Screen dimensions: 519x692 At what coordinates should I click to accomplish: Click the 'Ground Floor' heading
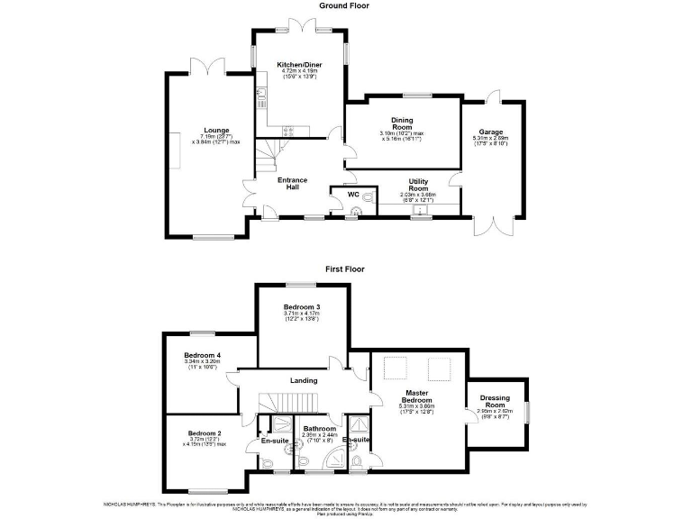[x=344, y=5]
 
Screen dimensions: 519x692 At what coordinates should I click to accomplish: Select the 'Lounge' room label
[x=215, y=130]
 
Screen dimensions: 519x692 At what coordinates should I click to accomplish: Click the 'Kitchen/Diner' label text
[x=299, y=66]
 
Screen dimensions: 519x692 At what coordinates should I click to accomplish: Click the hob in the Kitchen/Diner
[x=290, y=131]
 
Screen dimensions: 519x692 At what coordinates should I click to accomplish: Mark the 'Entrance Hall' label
[x=292, y=184]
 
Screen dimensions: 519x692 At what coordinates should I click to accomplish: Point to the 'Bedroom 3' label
[x=302, y=307]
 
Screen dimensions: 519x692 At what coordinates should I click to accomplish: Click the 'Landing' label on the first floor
[x=303, y=380]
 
